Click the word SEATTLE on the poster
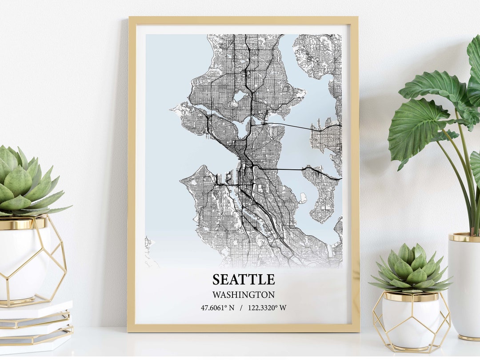point(244,280)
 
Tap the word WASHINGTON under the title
point(243,295)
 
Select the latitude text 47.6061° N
point(217,308)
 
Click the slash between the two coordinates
point(241,308)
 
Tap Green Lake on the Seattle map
point(239,96)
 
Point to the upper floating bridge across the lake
point(289,126)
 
